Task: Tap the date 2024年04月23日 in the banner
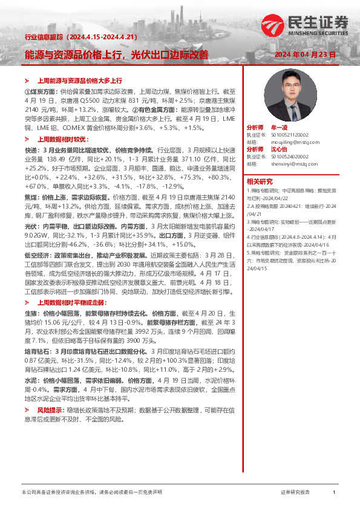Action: pos(304,54)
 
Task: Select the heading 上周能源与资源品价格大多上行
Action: pos(80,80)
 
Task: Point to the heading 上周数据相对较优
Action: pos(63,138)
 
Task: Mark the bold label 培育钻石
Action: pos(36,351)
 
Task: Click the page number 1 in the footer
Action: pos(333,493)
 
